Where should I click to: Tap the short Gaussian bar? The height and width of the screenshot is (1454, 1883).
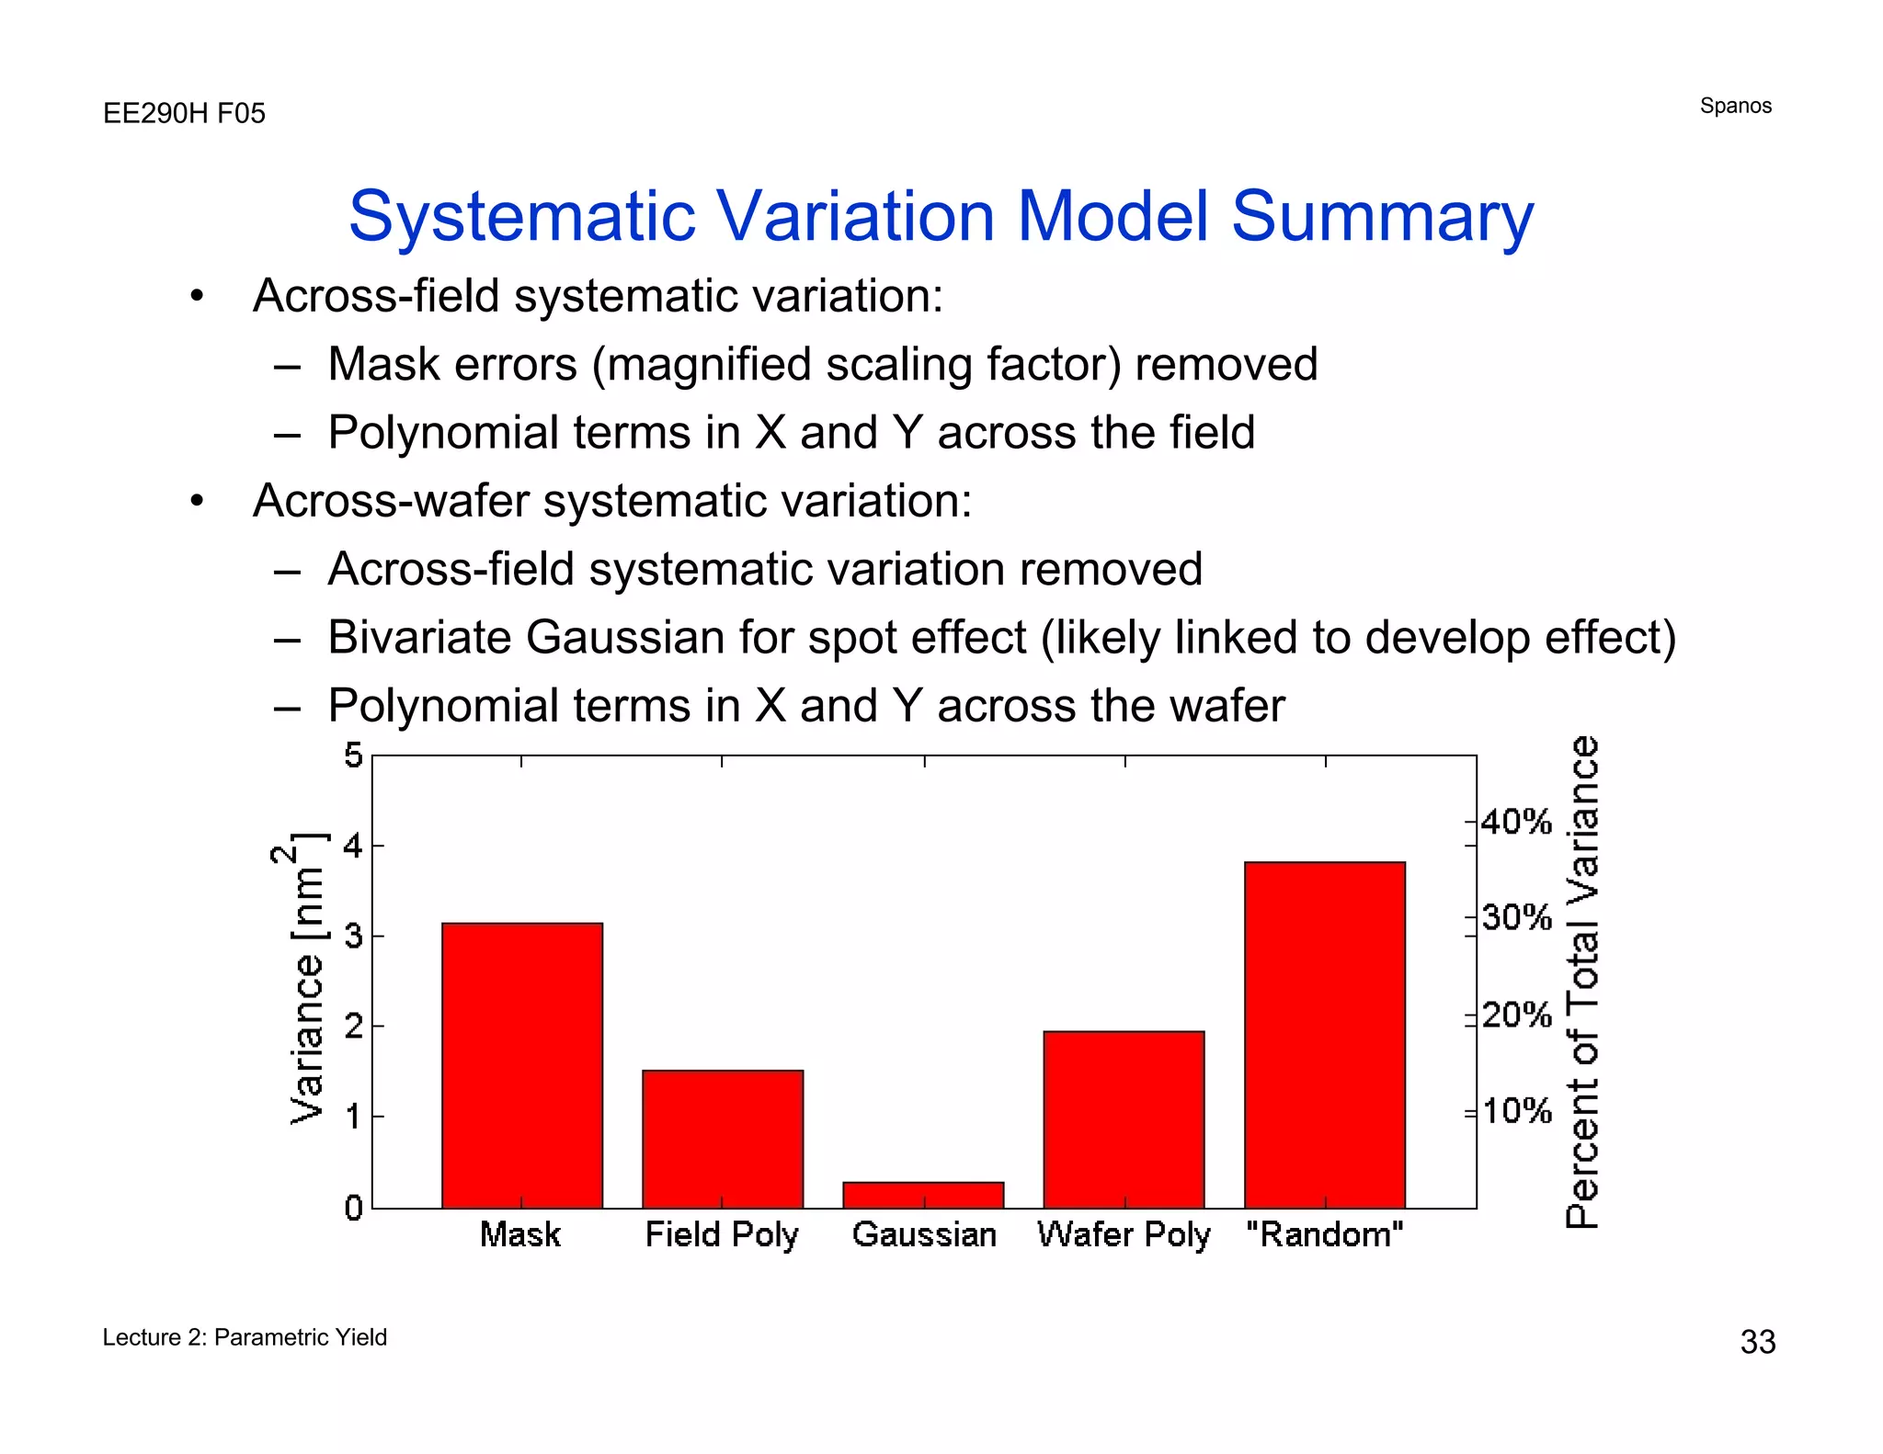point(923,1194)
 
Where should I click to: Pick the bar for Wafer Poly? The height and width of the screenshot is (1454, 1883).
point(1124,1119)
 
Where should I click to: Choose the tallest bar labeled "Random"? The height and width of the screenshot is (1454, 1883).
point(1324,1034)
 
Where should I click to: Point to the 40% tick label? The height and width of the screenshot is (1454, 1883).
point(1516,821)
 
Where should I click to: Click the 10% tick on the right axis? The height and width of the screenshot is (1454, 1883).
point(1516,1111)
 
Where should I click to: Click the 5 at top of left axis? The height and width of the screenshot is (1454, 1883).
point(353,756)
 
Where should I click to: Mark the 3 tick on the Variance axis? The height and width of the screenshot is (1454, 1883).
point(353,936)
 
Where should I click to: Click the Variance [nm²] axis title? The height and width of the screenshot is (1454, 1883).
point(306,979)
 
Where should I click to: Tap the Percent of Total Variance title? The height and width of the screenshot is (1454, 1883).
point(1582,982)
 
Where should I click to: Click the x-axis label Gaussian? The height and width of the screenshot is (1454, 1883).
point(924,1234)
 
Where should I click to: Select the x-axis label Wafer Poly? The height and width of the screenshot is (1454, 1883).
point(1124,1234)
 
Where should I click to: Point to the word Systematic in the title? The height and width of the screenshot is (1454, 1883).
point(522,217)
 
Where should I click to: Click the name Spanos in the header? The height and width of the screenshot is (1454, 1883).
point(1735,106)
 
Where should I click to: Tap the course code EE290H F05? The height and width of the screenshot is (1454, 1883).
point(184,113)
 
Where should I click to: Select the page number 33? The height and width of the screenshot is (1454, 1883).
point(1757,1342)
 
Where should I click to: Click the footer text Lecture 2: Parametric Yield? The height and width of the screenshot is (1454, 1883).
point(245,1337)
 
